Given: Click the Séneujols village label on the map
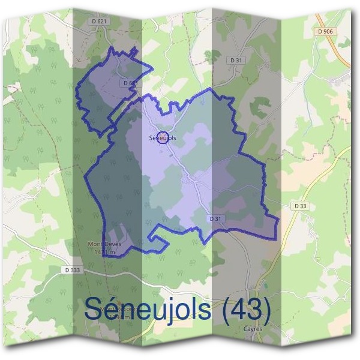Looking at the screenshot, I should click(163, 138).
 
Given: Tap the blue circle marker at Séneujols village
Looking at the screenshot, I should click(161, 137).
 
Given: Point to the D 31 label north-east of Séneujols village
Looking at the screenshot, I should click(236, 60).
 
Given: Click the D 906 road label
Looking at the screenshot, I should click(326, 31).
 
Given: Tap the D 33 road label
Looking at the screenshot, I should click(301, 206).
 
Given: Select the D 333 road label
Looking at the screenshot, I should click(73, 271).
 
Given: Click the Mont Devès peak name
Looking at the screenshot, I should click(100, 245).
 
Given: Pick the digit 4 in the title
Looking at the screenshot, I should click(238, 310).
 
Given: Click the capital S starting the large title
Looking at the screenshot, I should click(94, 310).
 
